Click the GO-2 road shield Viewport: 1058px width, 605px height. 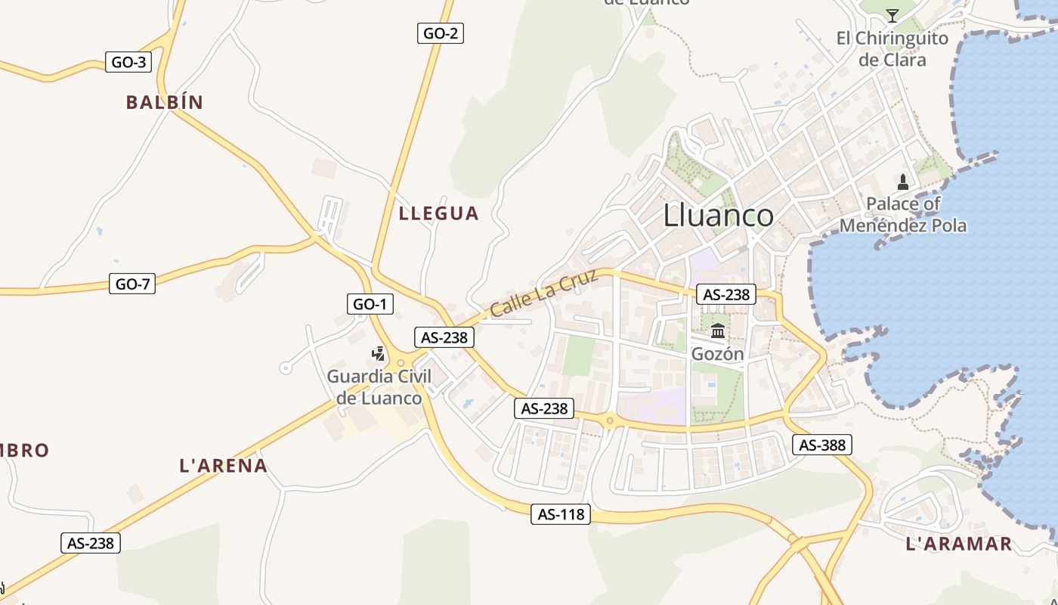click(440, 33)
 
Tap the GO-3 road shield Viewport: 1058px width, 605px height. click(128, 62)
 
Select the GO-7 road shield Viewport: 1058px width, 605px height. click(132, 284)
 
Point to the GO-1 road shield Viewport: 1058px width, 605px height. click(370, 304)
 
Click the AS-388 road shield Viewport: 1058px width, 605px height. click(822, 445)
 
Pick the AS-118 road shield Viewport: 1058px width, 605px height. click(561, 514)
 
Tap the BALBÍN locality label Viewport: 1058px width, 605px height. click(165, 103)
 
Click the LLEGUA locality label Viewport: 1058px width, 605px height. click(438, 213)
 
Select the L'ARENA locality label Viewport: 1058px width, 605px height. click(224, 466)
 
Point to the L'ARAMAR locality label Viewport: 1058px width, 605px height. click(958, 544)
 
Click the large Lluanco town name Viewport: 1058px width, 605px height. click(718, 216)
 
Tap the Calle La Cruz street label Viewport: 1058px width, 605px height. click(544, 293)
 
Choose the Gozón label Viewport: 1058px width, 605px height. click(718, 354)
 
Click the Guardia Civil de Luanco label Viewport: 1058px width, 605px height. click(379, 387)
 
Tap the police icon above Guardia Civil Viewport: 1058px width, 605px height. click(379, 353)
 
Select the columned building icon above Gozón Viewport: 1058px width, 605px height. click(718, 330)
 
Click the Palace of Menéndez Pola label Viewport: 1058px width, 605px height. click(903, 215)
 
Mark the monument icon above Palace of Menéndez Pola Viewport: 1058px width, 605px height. click(903, 181)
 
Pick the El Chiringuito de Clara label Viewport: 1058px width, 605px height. click(892, 49)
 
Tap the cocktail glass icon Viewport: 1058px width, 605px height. click(892, 15)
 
